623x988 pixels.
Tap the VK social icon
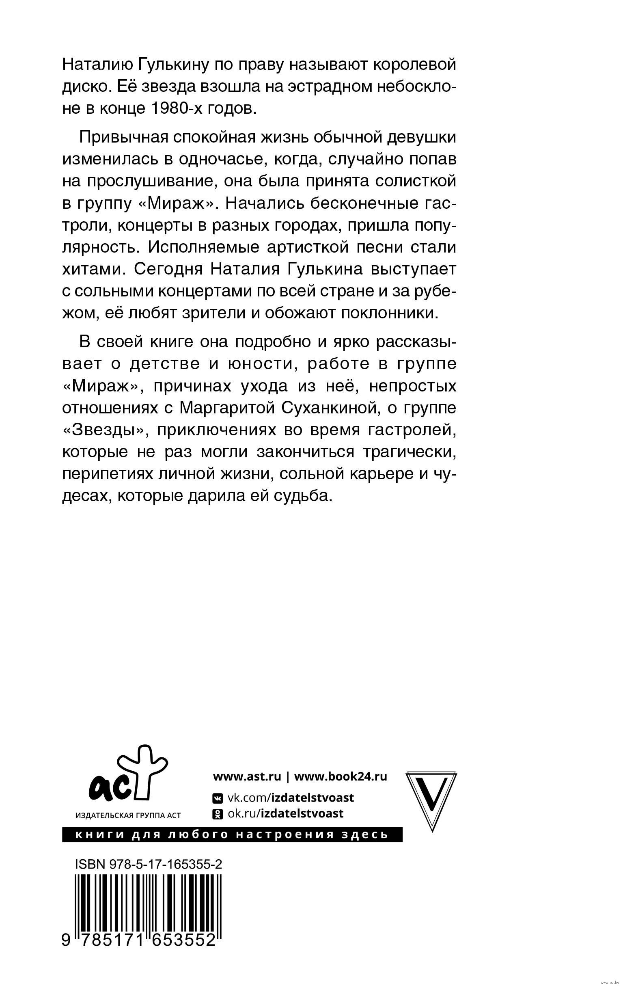tap(217, 798)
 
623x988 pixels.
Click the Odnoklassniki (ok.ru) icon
tap(217, 814)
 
